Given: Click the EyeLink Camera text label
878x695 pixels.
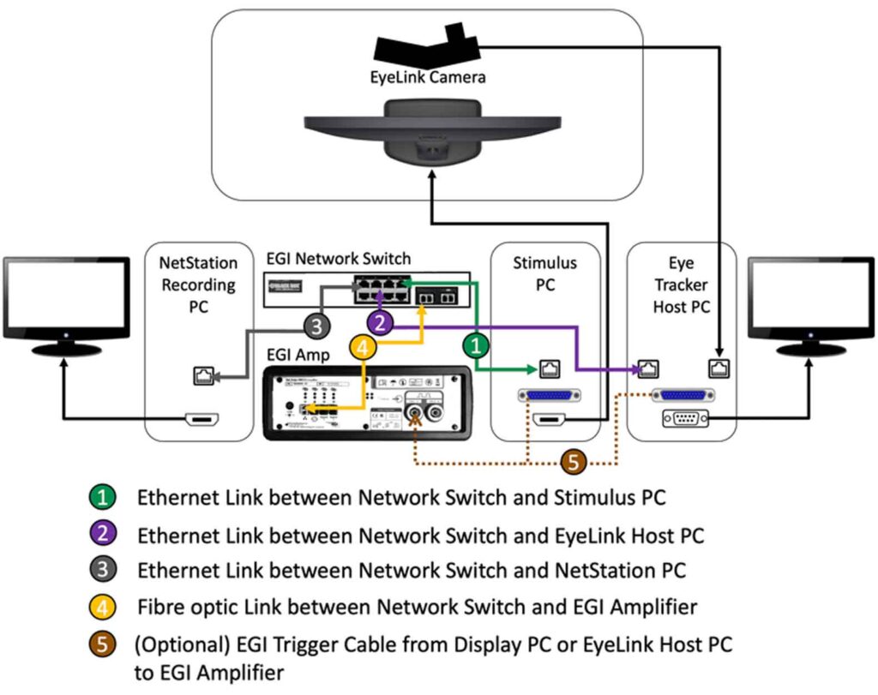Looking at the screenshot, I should [x=423, y=78].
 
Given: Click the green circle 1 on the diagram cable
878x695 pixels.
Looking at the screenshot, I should [x=476, y=347].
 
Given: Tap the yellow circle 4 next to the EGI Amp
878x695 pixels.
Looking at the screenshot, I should [x=364, y=348].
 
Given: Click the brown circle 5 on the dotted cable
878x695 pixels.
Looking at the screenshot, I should [x=574, y=463].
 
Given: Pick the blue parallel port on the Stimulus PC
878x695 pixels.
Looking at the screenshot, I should [x=549, y=396].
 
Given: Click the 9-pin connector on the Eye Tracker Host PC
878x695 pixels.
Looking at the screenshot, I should [x=684, y=419].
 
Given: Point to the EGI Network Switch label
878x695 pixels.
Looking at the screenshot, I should [x=338, y=258].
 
